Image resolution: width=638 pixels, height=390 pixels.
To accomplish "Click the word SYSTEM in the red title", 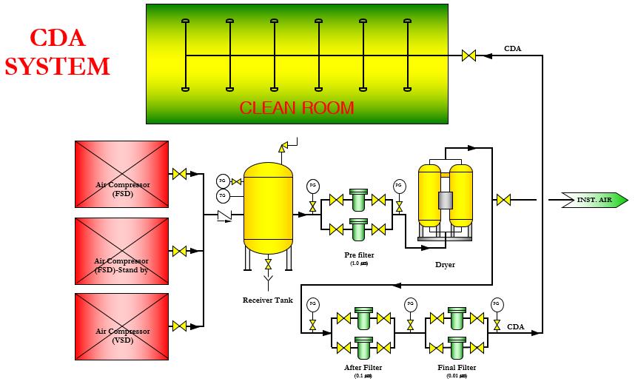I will coord(58,67).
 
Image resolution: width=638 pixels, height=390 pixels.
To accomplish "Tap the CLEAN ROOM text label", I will coord(297,107).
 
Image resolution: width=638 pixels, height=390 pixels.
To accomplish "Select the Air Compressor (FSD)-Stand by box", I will coord(121,251).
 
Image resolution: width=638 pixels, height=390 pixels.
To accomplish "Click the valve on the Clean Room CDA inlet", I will coord(469,55).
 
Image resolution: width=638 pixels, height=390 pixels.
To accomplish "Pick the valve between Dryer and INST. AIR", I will coord(503,200).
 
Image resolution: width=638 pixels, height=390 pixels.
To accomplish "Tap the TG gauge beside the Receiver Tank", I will coord(223,195).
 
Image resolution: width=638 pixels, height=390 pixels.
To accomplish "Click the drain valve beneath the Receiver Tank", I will coord(268,264).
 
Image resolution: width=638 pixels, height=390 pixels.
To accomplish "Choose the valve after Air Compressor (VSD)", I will coord(179,326).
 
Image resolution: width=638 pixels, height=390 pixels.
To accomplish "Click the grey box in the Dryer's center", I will coord(445,200).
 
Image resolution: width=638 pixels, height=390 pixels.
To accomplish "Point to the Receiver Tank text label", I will coord(267,300).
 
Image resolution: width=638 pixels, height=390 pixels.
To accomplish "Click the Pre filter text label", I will coord(359,255).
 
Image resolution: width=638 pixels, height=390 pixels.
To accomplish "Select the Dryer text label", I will coord(445,264).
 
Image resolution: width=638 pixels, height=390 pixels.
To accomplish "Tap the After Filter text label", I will coord(363,367).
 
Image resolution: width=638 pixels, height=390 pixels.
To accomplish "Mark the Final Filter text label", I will coord(457,367).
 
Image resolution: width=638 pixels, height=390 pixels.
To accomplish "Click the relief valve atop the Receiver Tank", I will coord(283,147).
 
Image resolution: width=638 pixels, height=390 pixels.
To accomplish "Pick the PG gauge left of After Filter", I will coord(312,303).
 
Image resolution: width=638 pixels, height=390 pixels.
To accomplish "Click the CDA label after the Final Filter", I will coord(515,326).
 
